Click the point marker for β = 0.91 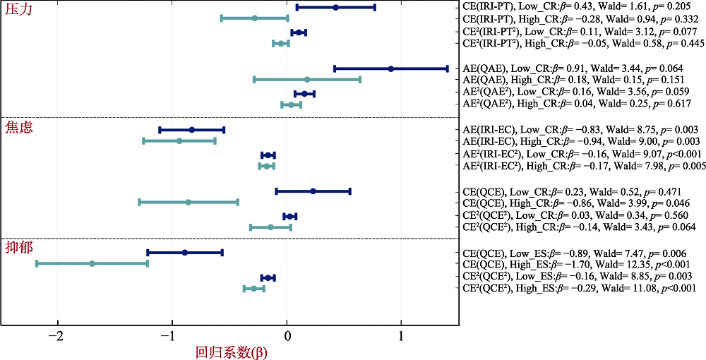(390, 68)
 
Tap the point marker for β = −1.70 (92, 263)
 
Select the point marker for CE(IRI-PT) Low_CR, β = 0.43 (335, 7)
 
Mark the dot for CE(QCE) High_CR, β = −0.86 (188, 202)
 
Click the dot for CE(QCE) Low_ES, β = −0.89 (185, 252)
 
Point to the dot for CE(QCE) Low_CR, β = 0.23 (313, 191)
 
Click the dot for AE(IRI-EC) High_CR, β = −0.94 (179, 141)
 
